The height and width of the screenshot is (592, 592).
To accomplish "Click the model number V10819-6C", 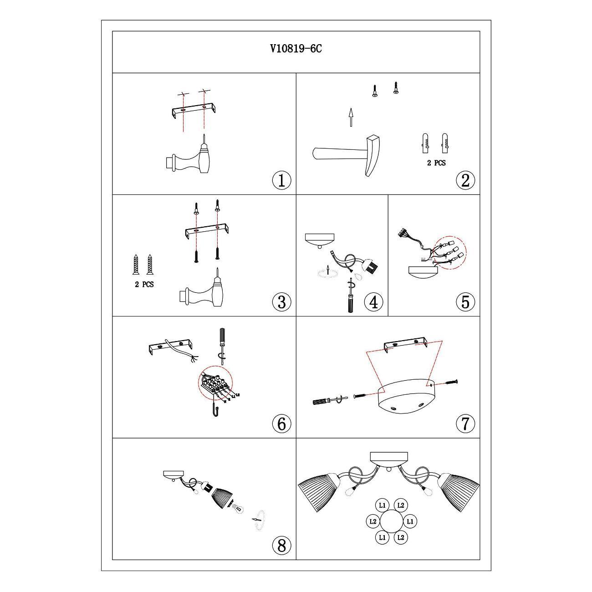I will [296, 49].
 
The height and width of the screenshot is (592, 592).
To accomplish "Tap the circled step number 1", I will [281, 180].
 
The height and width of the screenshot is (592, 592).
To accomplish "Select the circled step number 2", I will [465, 180].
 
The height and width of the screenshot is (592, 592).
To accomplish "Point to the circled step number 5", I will [465, 302].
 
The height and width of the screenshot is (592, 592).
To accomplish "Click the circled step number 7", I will [465, 424].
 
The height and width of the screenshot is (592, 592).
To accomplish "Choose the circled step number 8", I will [281, 545].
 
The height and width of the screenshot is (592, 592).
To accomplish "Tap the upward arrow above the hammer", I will [351, 117].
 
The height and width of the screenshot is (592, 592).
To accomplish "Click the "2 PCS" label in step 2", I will [436, 163].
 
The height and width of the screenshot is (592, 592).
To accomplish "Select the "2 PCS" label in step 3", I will [144, 285].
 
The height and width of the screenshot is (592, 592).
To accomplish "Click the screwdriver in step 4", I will [350, 298].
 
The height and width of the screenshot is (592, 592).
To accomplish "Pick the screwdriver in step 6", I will [222, 342].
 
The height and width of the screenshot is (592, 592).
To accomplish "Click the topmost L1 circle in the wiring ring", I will [382, 505].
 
